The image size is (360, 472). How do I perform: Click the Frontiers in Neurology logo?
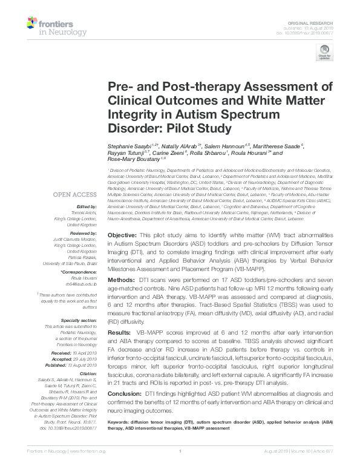point(48,25)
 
